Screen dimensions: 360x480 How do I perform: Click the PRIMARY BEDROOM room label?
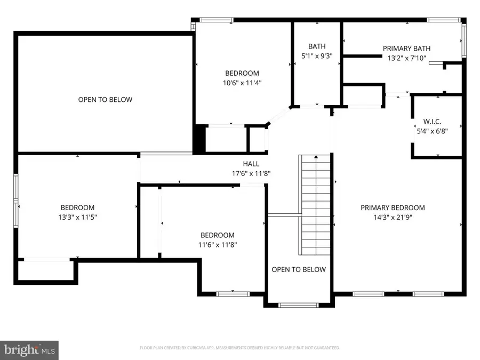[393, 208]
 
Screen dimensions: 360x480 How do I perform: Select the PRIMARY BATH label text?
[406, 49]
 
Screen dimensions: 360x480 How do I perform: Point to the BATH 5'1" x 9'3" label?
[317, 51]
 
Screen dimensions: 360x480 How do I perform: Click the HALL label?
[251, 164]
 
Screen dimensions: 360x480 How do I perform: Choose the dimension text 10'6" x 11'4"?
[242, 83]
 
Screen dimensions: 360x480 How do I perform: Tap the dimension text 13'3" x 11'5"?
[77, 217]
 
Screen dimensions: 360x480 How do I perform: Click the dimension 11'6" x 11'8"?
[217, 245]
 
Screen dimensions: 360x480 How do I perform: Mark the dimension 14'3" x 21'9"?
[393, 218]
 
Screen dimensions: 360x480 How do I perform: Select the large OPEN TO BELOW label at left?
[105, 100]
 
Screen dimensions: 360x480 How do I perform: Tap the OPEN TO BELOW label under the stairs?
[299, 269]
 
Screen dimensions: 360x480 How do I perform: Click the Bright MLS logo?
[29, 350]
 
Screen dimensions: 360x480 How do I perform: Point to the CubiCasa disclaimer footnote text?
[239, 348]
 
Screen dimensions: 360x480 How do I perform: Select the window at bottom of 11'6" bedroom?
[233, 293]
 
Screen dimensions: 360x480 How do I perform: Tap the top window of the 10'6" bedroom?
[216, 20]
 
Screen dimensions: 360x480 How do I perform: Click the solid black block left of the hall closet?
[198, 139]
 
